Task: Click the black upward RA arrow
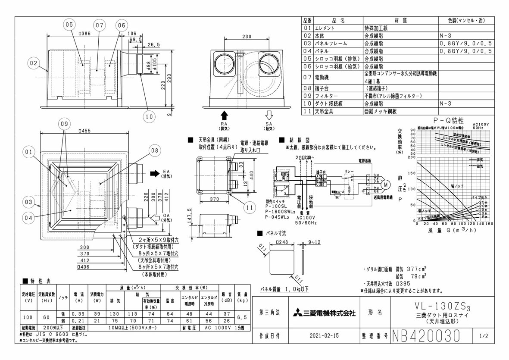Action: point(224,115)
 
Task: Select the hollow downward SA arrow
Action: point(269,115)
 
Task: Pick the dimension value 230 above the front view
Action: point(247,37)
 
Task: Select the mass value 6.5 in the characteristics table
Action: point(242,317)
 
